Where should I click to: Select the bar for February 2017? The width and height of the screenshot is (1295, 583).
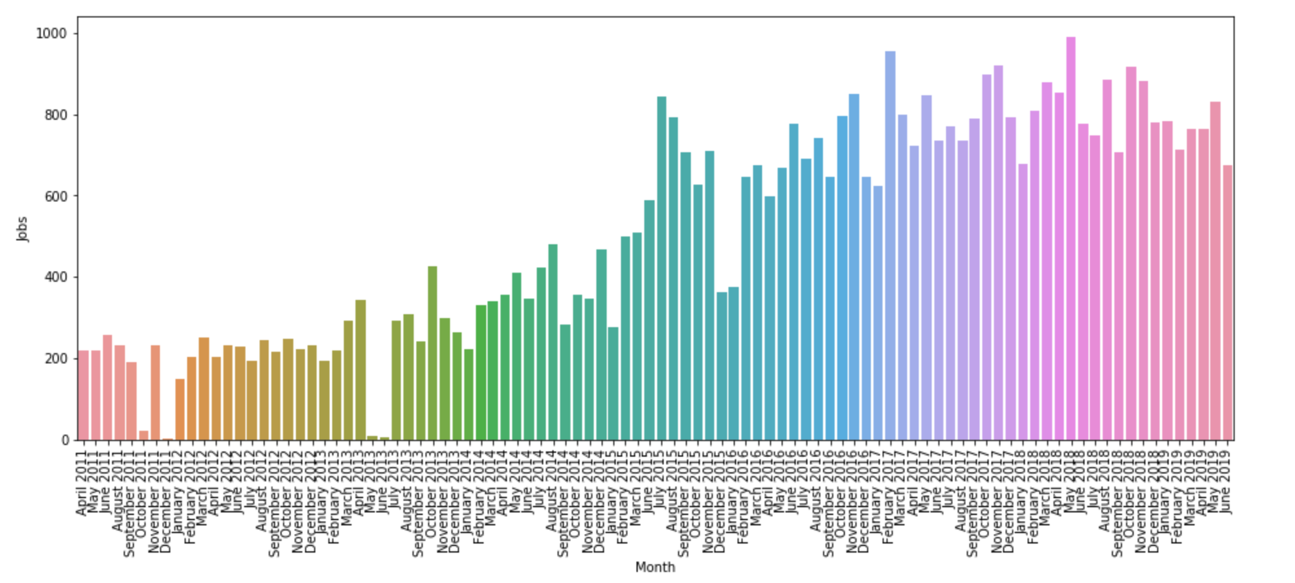[x=890, y=246]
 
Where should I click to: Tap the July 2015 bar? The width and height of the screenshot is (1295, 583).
[x=661, y=268]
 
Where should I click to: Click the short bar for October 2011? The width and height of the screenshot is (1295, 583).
[x=144, y=435]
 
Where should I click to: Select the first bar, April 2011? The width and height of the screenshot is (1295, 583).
[x=84, y=395]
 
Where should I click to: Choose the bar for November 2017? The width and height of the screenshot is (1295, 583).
[x=998, y=253]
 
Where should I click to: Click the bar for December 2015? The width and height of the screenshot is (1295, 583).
[x=721, y=366]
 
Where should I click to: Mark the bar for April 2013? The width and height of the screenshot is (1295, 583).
[x=361, y=370]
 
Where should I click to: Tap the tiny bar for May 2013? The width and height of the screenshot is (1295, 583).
[x=372, y=438]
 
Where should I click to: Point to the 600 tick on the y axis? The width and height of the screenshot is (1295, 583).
[x=56, y=196]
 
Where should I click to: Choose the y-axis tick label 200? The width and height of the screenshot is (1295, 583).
[x=56, y=359]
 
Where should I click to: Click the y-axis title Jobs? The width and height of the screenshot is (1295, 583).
[x=23, y=229]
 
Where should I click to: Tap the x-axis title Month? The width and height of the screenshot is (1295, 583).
[x=655, y=567]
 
